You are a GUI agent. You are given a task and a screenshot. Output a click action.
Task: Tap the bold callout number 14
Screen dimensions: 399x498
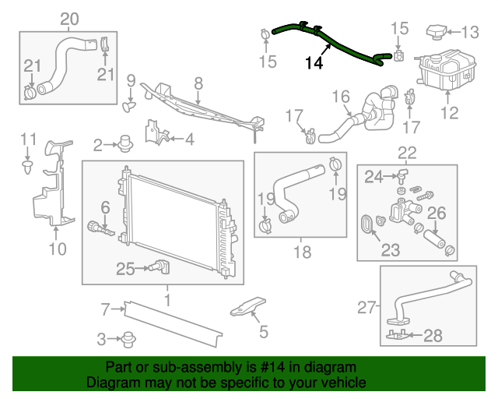click(314, 63)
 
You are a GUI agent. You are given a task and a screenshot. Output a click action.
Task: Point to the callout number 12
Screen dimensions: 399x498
click(451, 114)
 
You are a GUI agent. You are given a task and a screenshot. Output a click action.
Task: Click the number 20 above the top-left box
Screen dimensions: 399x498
click(69, 18)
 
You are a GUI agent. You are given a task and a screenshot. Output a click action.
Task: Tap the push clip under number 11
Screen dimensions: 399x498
click(28, 166)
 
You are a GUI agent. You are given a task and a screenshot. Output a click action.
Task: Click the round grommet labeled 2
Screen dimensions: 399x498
click(124, 143)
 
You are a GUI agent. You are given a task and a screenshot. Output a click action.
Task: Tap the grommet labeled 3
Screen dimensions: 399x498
click(124, 339)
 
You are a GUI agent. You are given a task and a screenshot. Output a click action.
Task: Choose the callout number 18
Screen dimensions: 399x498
click(301, 252)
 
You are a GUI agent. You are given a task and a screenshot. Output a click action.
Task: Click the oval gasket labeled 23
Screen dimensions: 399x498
click(366, 225)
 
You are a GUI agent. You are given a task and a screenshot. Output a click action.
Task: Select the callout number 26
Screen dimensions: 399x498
click(437, 211)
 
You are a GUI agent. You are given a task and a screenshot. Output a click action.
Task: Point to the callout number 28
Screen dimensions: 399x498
click(432, 335)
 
